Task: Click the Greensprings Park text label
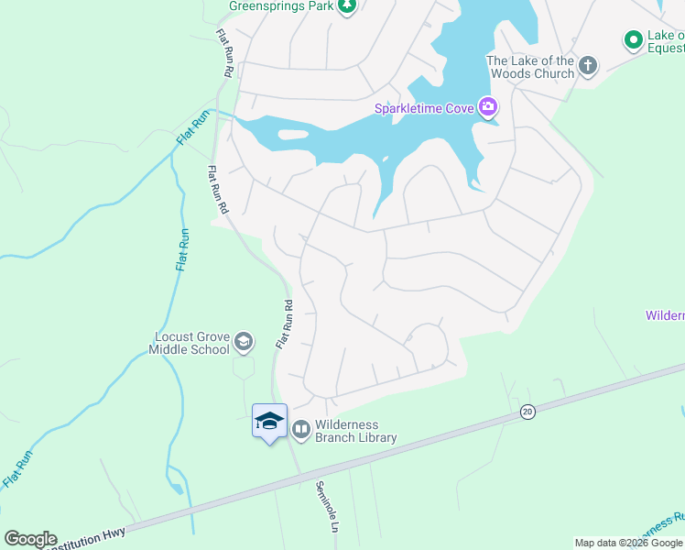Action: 280,5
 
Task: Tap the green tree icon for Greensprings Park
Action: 347,6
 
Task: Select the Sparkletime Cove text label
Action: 423,109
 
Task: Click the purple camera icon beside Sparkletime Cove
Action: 488,108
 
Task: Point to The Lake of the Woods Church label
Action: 530,67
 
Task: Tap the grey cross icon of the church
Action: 588,65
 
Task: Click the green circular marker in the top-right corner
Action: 632,39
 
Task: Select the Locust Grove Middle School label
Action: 192,343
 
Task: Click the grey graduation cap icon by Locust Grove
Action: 244,343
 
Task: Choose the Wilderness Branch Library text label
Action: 356,431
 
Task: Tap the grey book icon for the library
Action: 300,429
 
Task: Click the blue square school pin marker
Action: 269,422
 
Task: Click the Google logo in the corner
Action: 30,539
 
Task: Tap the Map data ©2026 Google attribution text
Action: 628,543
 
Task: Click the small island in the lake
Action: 293,135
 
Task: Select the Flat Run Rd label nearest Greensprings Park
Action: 224,53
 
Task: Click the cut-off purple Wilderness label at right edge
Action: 666,316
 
